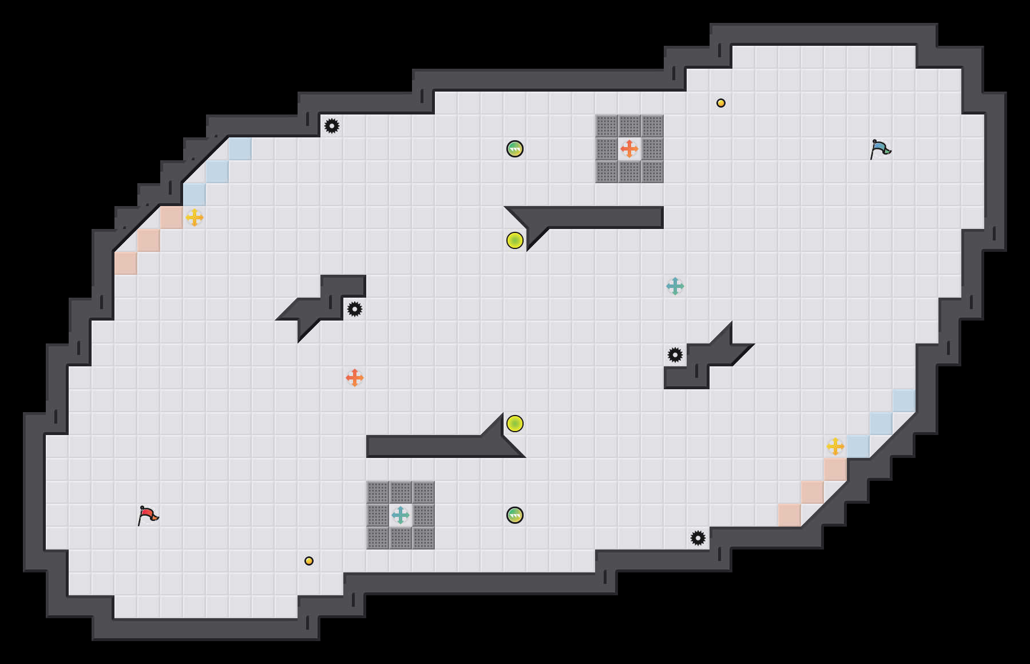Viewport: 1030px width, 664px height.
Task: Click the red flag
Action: coord(148,515)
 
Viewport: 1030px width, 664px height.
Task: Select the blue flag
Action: coord(880,149)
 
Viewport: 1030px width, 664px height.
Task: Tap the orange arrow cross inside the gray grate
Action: coord(629,149)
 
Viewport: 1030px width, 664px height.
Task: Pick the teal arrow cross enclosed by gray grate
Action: coord(401,515)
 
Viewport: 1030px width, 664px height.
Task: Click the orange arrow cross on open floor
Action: coord(355,378)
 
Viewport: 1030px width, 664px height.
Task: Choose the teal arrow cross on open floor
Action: coord(675,286)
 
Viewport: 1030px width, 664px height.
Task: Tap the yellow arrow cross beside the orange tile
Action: coord(195,218)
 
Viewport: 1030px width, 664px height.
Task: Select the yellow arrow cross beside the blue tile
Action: coord(835,446)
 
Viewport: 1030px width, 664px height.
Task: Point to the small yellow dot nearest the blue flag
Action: coord(721,103)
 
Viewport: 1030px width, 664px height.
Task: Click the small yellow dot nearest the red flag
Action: coord(309,561)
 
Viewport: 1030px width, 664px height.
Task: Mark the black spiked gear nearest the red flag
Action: coord(355,309)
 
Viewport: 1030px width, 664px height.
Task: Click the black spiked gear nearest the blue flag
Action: coord(675,355)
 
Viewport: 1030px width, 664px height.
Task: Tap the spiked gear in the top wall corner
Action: coord(332,126)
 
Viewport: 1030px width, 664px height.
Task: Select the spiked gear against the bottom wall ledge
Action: coord(698,538)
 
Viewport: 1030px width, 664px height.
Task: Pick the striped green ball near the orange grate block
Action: coord(515,149)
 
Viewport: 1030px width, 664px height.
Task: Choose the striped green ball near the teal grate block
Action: coord(515,515)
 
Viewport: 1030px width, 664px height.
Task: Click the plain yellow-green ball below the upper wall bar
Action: coord(515,240)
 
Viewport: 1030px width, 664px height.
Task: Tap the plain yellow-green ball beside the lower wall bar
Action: coord(515,424)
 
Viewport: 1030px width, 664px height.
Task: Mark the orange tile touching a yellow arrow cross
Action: coord(172,218)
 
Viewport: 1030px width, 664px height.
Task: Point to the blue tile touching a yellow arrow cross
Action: coord(858,446)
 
